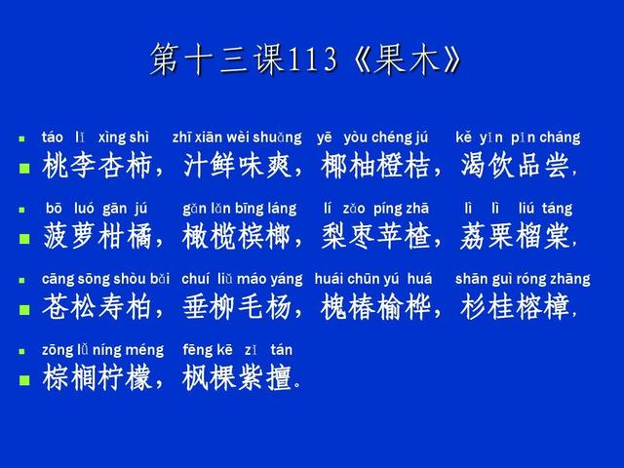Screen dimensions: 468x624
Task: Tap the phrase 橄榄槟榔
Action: [237, 236]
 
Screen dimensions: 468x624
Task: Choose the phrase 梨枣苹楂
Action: [375, 236]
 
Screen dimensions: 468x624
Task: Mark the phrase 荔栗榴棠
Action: [515, 236]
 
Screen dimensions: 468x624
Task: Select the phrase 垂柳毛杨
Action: [237, 307]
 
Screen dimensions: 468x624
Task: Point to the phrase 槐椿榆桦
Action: [375, 307]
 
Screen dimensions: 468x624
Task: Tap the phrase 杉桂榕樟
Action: [515, 307]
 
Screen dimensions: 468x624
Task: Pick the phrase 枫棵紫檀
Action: [237, 377]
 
